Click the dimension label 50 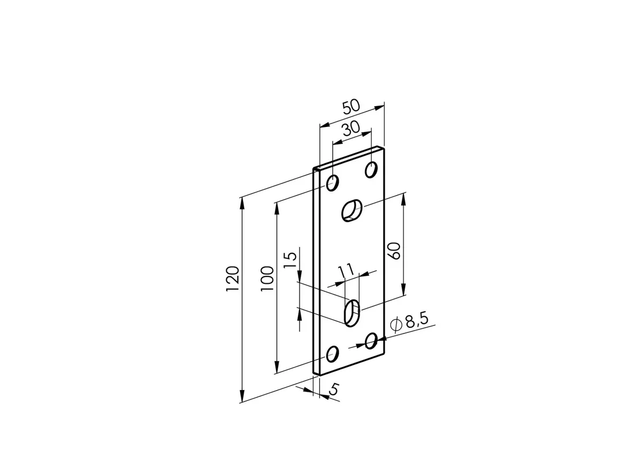[x=351, y=107]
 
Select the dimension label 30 [x=351, y=129]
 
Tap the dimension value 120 [x=233, y=279]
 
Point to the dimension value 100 [x=267, y=279]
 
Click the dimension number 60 [x=394, y=250]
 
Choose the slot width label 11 [x=345, y=272]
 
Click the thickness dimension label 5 [x=333, y=389]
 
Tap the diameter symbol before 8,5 [x=395, y=324]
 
